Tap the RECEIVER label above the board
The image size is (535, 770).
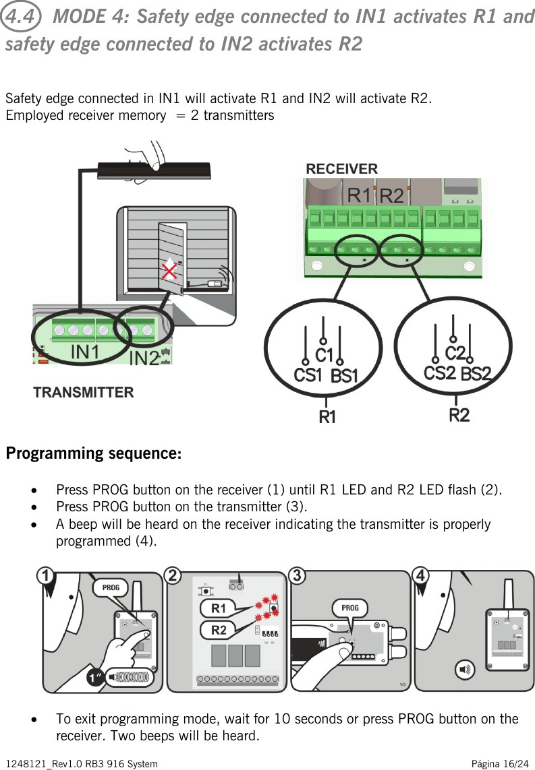(341, 168)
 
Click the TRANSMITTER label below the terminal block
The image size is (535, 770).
(84, 392)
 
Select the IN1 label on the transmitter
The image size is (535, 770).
(86, 352)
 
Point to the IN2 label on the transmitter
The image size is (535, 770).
(144, 358)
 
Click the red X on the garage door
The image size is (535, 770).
(170, 272)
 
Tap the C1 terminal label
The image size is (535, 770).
(325, 354)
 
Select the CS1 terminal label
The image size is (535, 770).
(308, 375)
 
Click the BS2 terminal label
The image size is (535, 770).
(476, 373)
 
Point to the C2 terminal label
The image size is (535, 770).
(455, 352)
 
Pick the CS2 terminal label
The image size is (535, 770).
(439, 373)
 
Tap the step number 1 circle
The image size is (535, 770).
(45, 577)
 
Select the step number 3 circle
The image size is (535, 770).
(295, 577)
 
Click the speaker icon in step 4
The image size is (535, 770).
(465, 670)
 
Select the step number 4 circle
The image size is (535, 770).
(421, 577)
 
